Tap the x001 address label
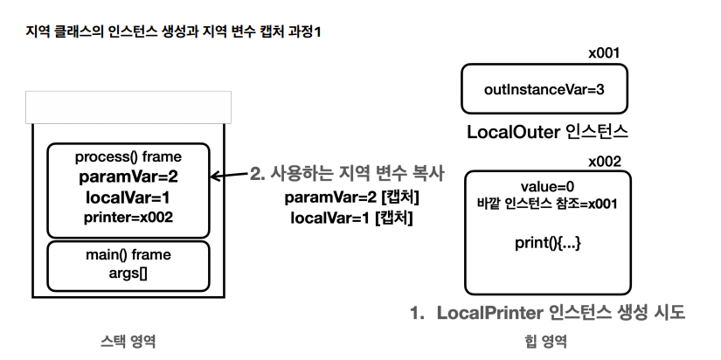(x=603, y=52)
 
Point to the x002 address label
(x=603, y=162)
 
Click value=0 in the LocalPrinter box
(x=548, y=188)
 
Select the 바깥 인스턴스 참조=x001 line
(x=548, y=205)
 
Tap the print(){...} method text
(x=548, y=242)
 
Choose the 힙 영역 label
(x=548, y=340)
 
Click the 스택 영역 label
(x=129, y=340)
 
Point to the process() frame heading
(x=128, y=157)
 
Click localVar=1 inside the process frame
(x=128, y=197)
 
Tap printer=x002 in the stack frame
(x=128, y=216)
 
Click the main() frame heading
(x=128, y=255)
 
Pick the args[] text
(x=128, y=273)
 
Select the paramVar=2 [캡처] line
(x=348, y=197)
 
